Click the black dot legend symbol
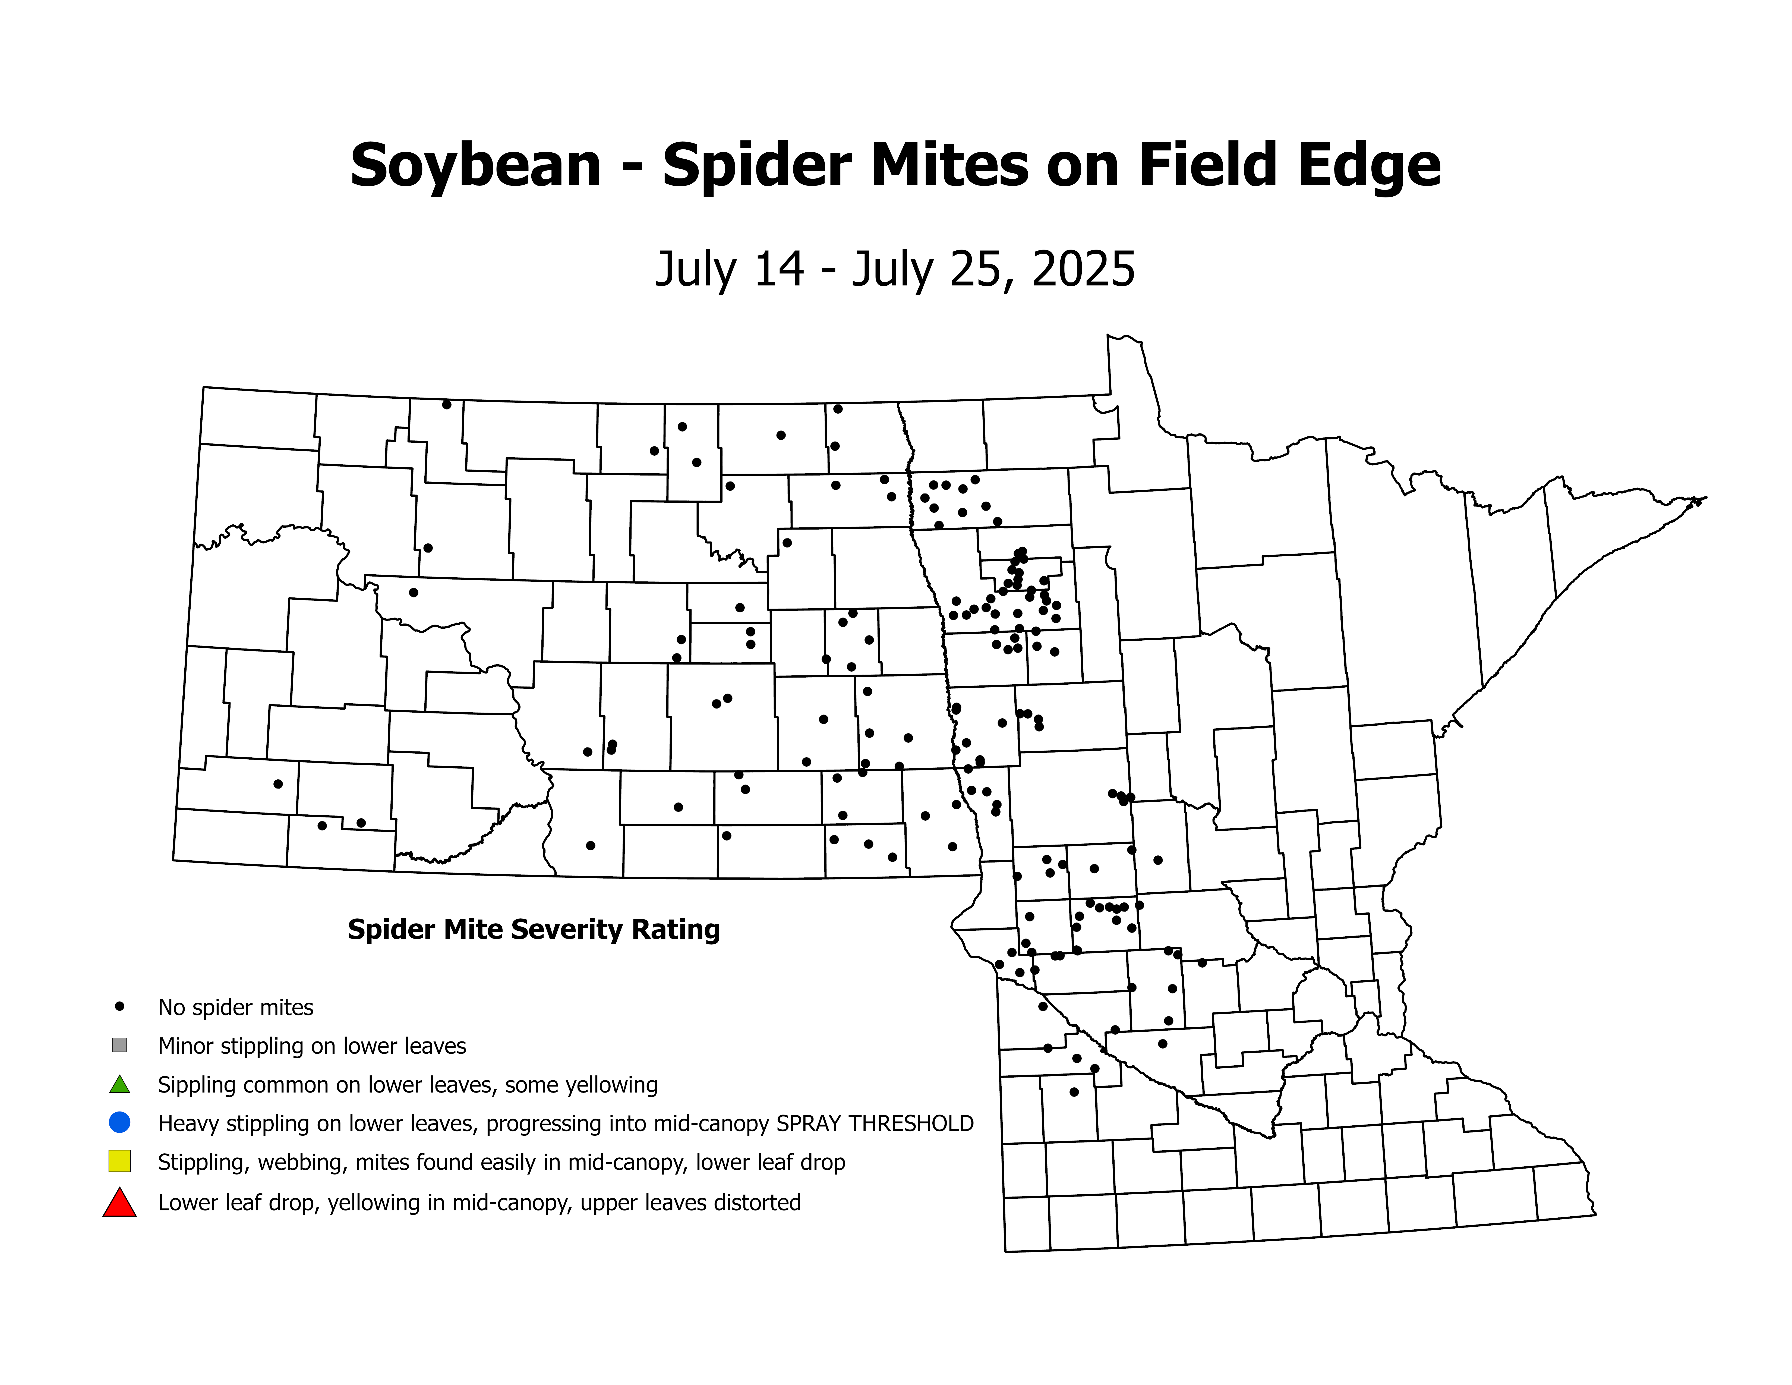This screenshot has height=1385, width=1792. click(x=120, y=1006)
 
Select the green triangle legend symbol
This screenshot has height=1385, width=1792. click(x=120, y=1085)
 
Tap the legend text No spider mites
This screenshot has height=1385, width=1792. click(x=235, y=1008)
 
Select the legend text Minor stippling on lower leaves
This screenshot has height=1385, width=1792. click(x=312, y=1046)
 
